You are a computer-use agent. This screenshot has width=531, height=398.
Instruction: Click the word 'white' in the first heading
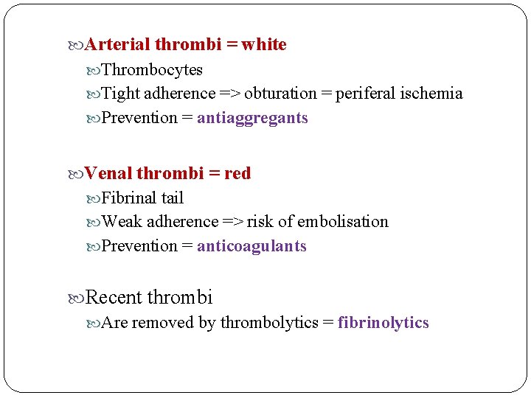tap(264, 45)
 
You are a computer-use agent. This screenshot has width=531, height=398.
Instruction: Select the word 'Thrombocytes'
tap(152, 70)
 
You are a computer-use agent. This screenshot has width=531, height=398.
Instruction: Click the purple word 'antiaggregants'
tap(252, 118)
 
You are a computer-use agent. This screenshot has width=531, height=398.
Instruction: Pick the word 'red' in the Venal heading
tap(237, 174)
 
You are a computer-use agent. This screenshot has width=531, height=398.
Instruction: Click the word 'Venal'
tap(108, 174)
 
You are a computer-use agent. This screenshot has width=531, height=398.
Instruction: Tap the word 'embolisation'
tap(343, 222)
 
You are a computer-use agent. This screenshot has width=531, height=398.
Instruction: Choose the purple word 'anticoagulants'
tap(251, 246)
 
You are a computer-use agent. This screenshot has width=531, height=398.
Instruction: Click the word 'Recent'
tap(114, 298)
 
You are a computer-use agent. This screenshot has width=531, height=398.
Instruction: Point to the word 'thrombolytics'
tap(269, 323)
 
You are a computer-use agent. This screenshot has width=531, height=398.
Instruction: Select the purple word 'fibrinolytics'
tap(383, 323)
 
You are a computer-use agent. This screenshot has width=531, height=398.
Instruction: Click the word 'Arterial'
tap(118, 45)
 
